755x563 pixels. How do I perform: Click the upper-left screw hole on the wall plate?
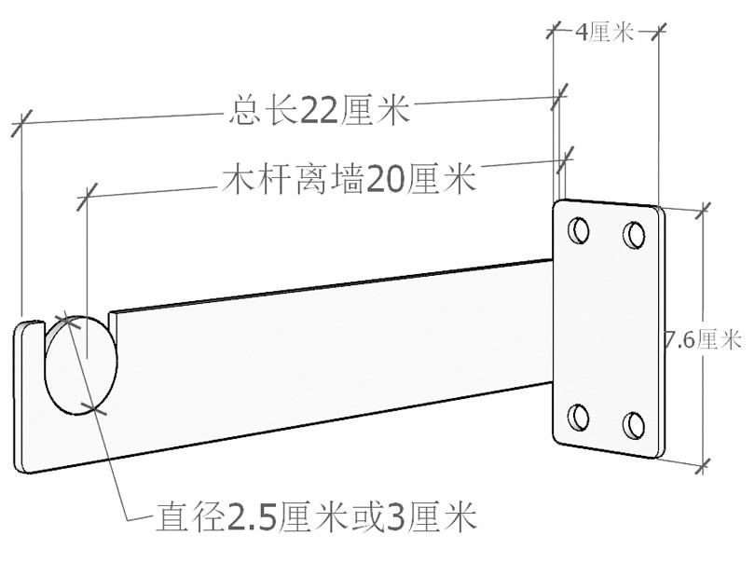click(579, 228)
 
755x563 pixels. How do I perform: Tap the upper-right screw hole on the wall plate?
click(635, 233)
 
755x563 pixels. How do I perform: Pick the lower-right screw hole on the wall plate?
click(635, 425)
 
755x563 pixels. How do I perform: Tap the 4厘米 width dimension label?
click(605, 34)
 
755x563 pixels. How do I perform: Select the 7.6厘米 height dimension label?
click(702, 339)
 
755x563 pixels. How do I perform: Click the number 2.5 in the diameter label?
click(254, 515)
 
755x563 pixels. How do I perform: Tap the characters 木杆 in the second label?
click(255, 178)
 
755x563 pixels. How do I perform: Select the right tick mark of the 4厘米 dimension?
click(658, 33)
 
